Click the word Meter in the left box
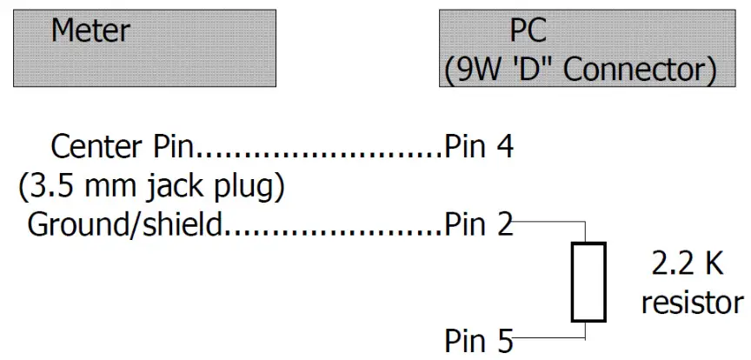tap(90, 31)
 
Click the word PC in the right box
tap(529, 31)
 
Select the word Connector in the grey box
tap(640, 70)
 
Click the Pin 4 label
tap(478, 146)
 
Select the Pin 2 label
tap(478, 225)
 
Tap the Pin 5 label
tap(478, 340)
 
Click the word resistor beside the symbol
tap(691, 303)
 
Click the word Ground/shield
tap(126, 225)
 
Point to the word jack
tap(150, 186)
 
